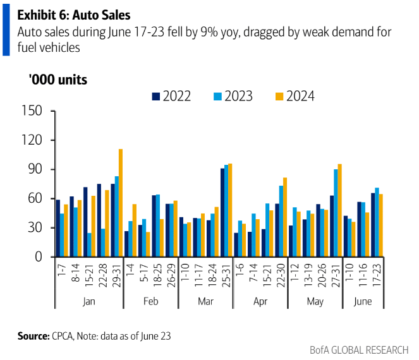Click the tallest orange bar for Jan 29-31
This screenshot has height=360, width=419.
click(121, 203)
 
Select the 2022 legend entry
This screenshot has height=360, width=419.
click(171, 96)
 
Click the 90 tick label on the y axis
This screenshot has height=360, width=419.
click(35, 169)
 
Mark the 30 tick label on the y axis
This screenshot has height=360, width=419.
click(35, 227)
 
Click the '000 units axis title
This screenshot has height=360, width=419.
click(58, 80)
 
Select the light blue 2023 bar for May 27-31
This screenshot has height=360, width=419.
click(336, 213)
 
